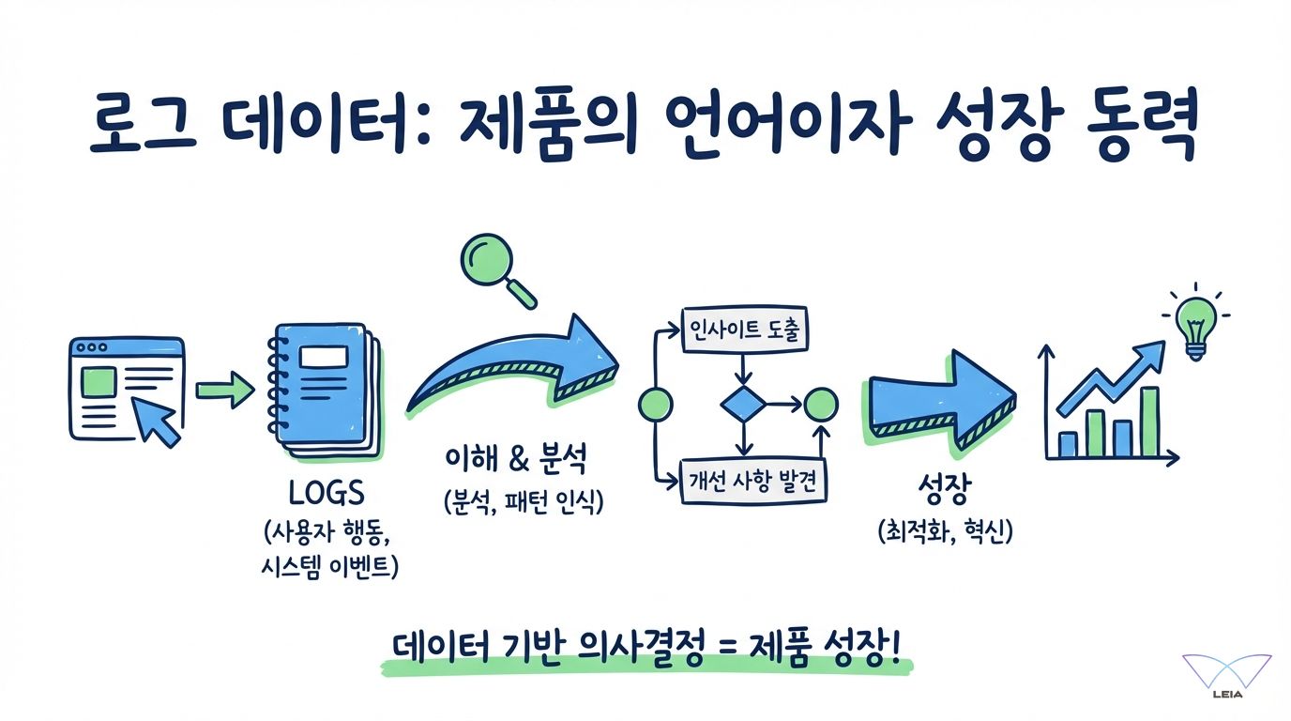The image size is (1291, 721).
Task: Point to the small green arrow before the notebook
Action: pos(225,389)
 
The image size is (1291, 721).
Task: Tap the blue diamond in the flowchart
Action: pos(743,405)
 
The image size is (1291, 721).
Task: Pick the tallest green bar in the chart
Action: pos(1148,422)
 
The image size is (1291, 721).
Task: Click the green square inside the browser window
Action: pos(100,382)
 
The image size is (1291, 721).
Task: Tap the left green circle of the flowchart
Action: pos(655,406)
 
